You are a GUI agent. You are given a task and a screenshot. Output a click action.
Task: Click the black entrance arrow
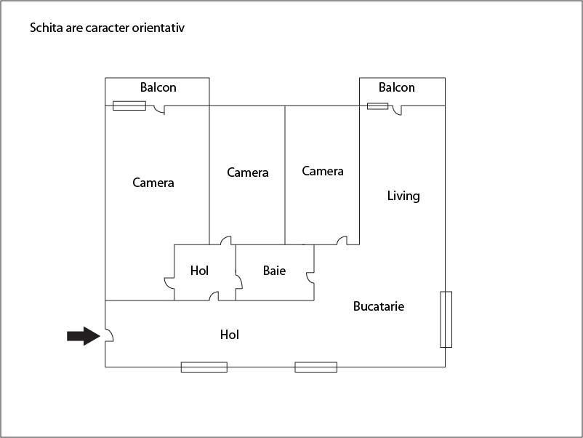tap(84, 336)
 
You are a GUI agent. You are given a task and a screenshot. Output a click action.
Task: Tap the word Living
tap(403, 196)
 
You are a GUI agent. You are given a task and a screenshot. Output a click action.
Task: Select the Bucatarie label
tap(379, 306)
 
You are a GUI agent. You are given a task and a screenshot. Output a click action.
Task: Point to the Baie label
tap(274, 271)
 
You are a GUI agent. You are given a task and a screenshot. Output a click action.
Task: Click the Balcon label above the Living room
tap(397, 87)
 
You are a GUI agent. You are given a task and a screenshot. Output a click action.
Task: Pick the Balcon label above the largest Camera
tap(158, 87)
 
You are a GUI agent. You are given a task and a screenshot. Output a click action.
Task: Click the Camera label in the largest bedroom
tap(153, 183)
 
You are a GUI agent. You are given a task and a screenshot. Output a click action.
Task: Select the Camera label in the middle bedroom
tap(248, 172)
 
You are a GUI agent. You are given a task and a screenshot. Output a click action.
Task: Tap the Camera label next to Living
tap(323, 171)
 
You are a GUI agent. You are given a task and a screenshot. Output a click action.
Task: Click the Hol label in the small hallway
tap(199, 271)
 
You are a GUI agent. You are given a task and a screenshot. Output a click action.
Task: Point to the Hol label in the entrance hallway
tap(230, 335)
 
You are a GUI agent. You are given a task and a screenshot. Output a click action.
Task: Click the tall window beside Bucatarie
tap(446, 319)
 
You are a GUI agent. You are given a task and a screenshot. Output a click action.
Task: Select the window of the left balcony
tap(129, 105)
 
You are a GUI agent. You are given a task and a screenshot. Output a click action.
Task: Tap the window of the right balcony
tap(378, 106)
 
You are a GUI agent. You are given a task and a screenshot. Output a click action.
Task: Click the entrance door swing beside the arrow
tap(109, 335)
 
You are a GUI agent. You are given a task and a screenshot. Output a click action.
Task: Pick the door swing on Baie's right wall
tap(310, 278)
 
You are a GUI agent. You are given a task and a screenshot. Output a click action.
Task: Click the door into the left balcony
tap(159, 110)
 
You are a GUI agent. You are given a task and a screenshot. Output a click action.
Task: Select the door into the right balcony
tap(397, 110)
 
